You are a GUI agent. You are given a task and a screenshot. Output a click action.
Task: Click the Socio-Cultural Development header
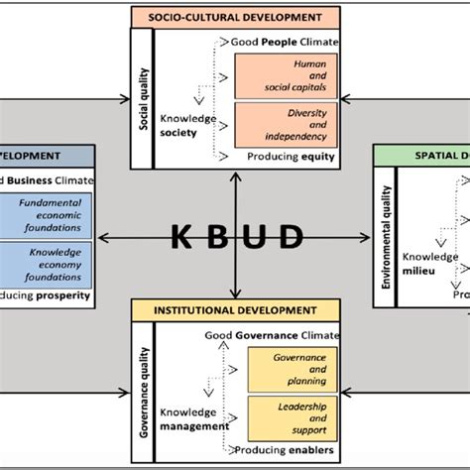point(235,18)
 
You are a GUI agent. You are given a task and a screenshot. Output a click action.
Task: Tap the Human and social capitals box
point(286,76)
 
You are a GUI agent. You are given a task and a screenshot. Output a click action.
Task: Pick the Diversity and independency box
point(286,124)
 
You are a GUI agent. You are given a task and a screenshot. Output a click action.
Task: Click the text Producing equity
point(291,157)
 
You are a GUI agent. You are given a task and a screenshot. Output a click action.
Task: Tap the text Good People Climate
point(284,43)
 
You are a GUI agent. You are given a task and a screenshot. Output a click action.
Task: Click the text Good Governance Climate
point(272,336)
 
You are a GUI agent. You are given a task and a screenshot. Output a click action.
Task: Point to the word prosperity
point(63,295)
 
